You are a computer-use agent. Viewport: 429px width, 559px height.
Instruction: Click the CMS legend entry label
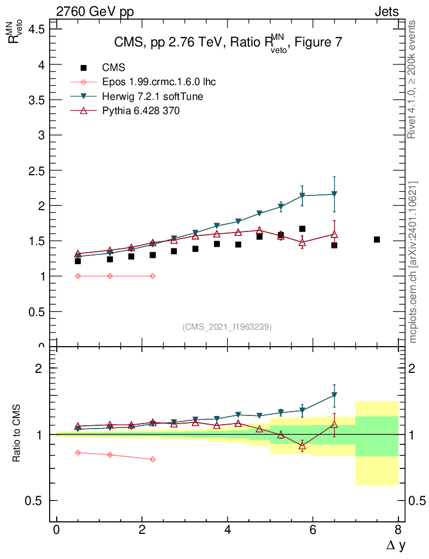point(114,68)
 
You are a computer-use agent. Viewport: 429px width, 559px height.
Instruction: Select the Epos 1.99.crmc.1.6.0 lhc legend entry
point(159,82)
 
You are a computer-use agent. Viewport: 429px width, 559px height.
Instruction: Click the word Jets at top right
point(386,11)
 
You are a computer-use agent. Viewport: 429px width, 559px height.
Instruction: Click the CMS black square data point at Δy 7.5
point(377,240)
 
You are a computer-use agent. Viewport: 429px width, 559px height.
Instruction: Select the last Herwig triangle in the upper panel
point(334,194)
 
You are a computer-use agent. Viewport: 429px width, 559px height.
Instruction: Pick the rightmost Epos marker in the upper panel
point(152,276)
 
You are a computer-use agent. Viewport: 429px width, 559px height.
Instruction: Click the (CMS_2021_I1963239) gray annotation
point(227,327)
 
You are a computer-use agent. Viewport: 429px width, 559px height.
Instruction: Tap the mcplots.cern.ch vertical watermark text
point(414,263)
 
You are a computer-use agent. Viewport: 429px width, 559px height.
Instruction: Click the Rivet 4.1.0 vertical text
point(413,80)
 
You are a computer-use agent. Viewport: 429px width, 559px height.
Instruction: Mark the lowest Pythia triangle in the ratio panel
point(302,446)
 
